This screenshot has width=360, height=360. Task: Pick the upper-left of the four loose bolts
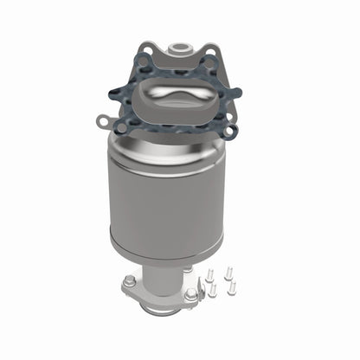tap(210, 274)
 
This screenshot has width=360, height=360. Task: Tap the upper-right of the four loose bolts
tap(228, 272)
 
